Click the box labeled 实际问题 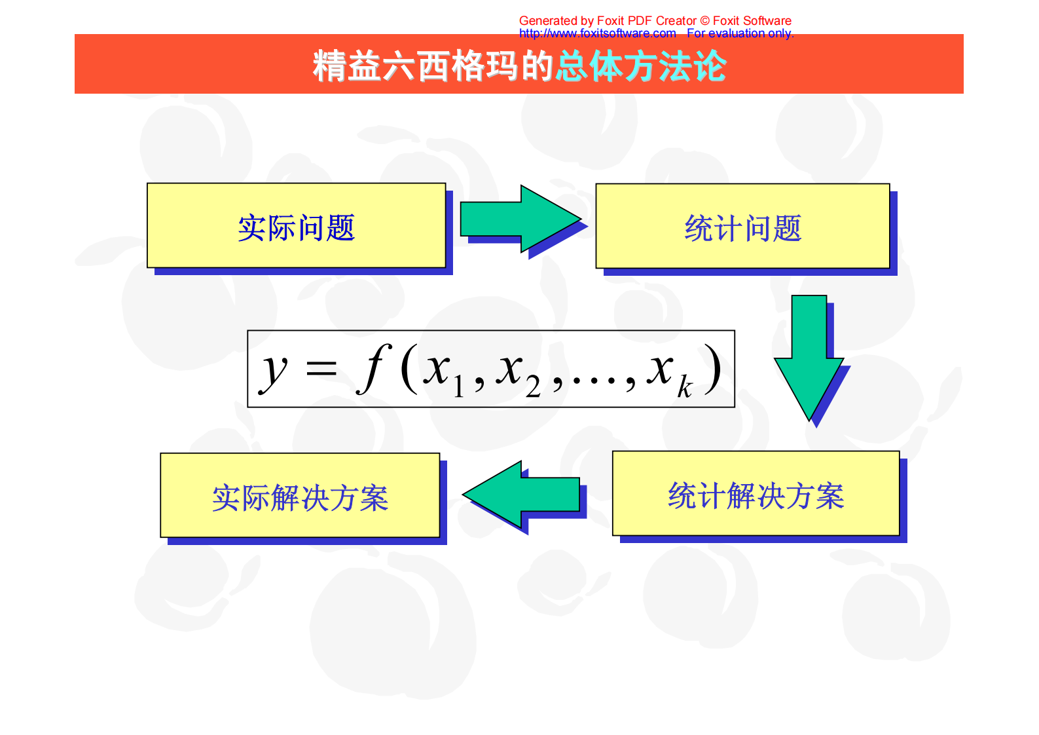(x=296, y=226)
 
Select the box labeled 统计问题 (x=742, y=227)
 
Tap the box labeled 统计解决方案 (x=756, y=494)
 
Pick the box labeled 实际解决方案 (x=300, y=496)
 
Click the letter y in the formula (x=274, y=370)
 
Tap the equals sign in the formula (x=321, y=369)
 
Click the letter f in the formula (x=374, y=368)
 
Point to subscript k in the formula (x=684, y=387)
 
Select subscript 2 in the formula (x=533, y=388)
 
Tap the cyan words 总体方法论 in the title (x=642, y=66)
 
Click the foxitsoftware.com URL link (x=597, y=33)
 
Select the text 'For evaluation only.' (x=740, y=33)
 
